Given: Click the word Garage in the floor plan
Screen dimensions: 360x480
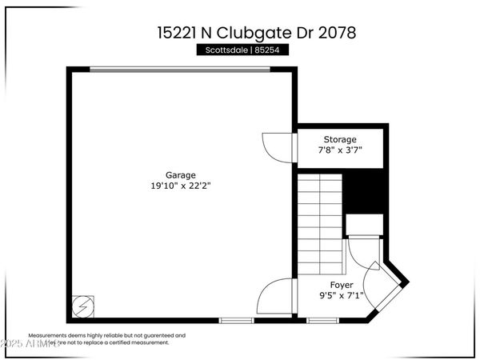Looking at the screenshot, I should click(180, 174).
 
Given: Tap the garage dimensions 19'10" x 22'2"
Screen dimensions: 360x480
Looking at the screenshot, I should click(180, 185).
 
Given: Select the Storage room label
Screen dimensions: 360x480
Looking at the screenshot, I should click(340, 139).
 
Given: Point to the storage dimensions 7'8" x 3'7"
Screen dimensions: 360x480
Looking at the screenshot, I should click(340, 150).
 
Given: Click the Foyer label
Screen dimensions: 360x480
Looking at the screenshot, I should click(342, 285).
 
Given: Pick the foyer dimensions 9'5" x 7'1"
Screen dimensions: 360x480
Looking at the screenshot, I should click(342, 295).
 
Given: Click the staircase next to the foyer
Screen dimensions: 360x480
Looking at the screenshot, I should click(320, 224).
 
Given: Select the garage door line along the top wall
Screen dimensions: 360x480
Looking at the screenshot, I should click(179, 70).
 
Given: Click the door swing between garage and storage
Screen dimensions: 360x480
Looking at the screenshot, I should click(274, 145).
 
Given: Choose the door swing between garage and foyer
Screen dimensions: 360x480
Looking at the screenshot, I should click(276, 298).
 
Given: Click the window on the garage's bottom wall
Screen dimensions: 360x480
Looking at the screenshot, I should click(237, 320).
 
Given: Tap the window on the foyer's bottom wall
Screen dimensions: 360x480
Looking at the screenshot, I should click(322, 320).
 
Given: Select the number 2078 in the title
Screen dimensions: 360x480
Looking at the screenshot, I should click(335, 33).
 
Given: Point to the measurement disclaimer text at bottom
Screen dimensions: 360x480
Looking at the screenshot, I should click(106, 338).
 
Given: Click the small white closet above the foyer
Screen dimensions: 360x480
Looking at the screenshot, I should click(364, 226).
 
